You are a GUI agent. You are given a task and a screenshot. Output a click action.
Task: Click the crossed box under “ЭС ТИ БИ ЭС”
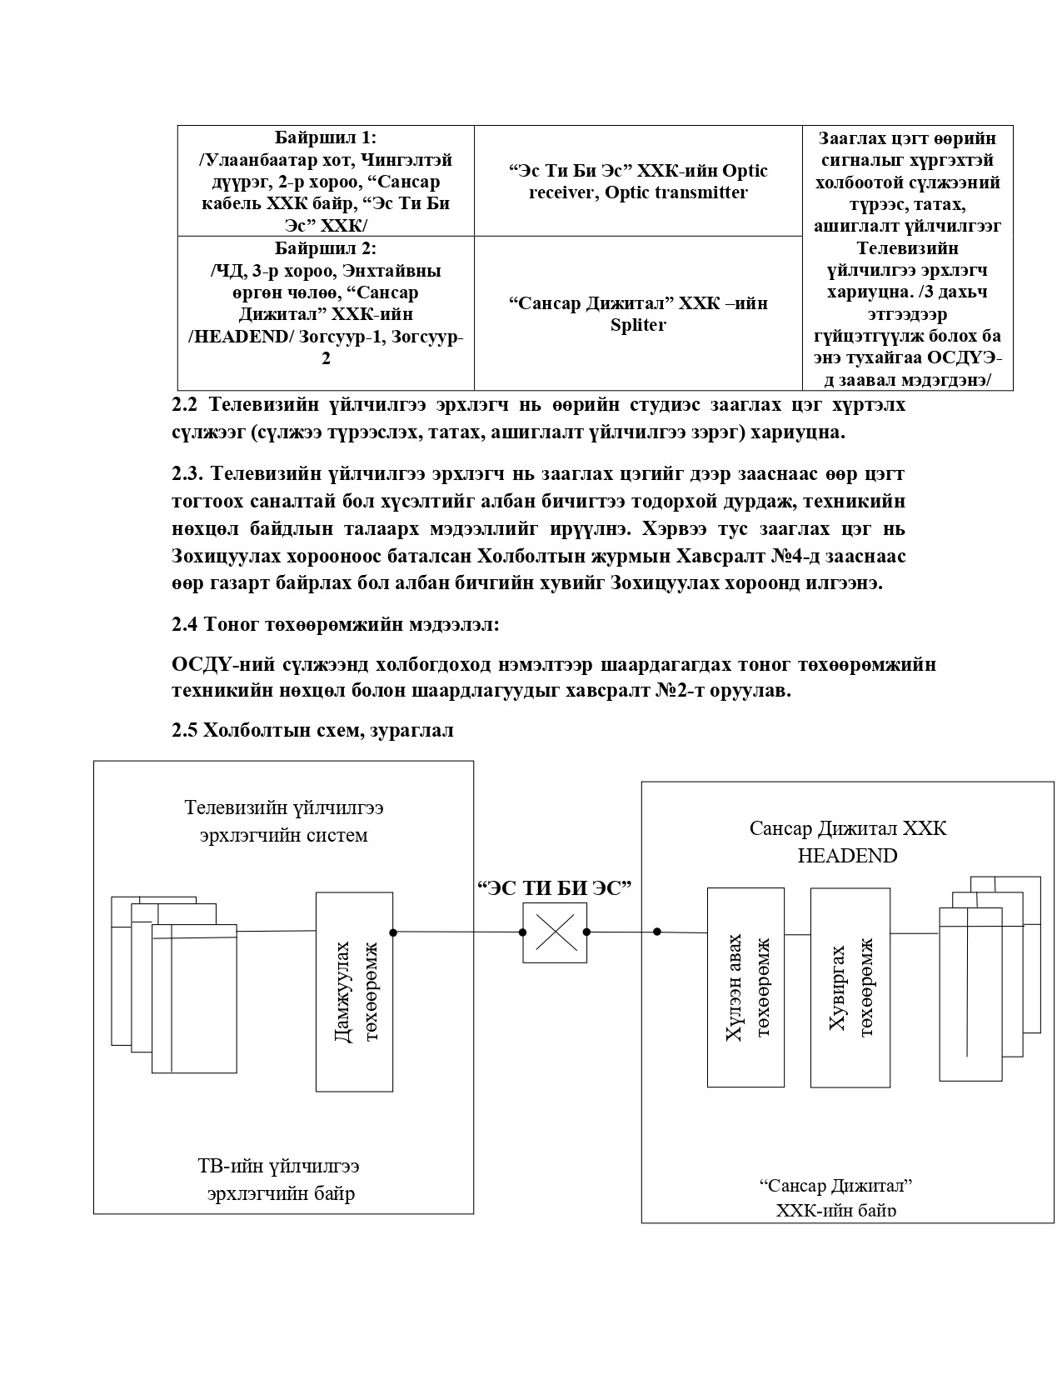556,932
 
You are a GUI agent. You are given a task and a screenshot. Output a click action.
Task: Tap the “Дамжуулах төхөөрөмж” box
354,992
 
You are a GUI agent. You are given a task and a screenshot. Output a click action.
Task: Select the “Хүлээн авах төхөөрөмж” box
745,987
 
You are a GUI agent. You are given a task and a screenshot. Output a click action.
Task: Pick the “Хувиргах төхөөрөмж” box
850,987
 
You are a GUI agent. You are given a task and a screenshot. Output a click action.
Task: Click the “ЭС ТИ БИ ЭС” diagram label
555,887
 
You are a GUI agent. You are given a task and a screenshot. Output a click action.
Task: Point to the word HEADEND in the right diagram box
847,856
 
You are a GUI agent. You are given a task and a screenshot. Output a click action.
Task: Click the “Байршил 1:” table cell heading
326,137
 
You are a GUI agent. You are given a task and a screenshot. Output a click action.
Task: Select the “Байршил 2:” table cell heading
326,248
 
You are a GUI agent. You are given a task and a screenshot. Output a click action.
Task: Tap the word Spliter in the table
638,325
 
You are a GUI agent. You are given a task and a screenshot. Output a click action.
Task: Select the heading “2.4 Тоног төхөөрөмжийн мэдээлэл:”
335,623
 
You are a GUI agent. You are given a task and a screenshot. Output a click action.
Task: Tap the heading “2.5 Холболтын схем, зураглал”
312,731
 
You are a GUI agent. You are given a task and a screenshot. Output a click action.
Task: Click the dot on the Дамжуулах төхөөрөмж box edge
393,932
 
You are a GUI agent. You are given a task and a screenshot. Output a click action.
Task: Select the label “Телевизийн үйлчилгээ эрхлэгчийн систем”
284,821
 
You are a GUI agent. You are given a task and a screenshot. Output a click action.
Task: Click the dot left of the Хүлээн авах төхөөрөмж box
657,932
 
